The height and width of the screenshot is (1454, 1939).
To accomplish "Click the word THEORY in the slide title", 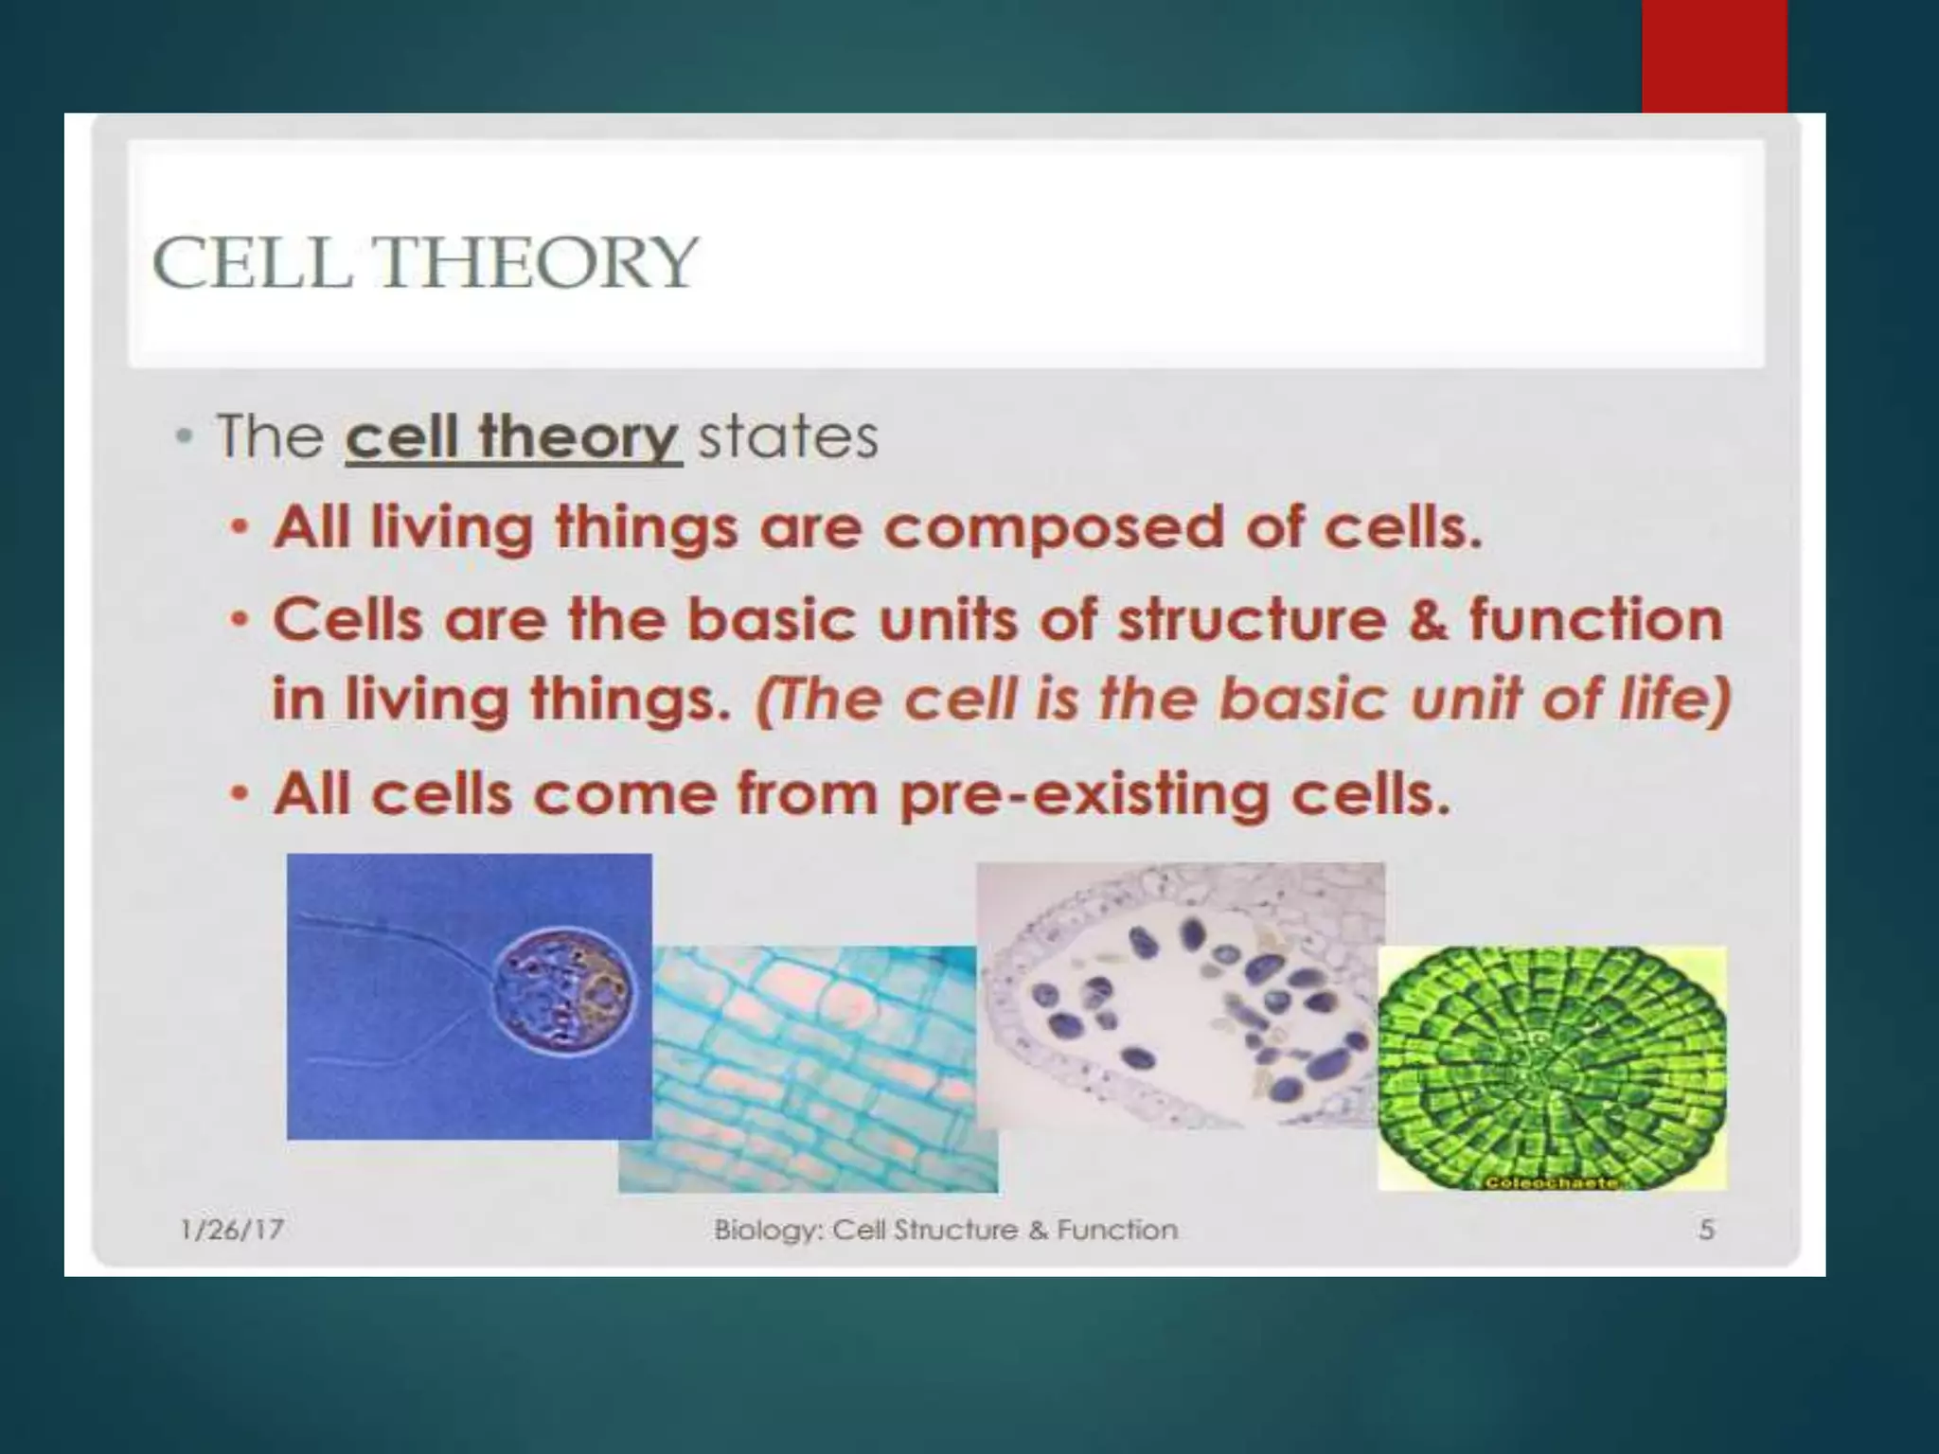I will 538,263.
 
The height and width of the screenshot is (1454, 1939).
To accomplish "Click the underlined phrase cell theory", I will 512,437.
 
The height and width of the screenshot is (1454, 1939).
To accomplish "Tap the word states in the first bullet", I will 788,437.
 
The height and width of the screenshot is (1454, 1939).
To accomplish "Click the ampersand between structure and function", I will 1428,620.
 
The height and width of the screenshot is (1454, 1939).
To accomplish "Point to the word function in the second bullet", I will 1595,620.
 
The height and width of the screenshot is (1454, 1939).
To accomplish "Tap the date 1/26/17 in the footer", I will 232,1230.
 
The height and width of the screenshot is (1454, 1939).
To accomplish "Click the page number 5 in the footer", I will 1706,1230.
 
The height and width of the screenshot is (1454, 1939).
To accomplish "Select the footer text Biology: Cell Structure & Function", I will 945,1230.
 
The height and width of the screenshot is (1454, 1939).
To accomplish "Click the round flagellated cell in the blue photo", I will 562,991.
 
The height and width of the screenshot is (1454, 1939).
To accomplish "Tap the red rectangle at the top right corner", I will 1714,55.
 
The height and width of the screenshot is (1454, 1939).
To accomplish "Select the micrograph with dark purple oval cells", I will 1179,994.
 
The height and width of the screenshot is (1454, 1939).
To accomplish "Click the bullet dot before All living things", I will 241,527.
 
